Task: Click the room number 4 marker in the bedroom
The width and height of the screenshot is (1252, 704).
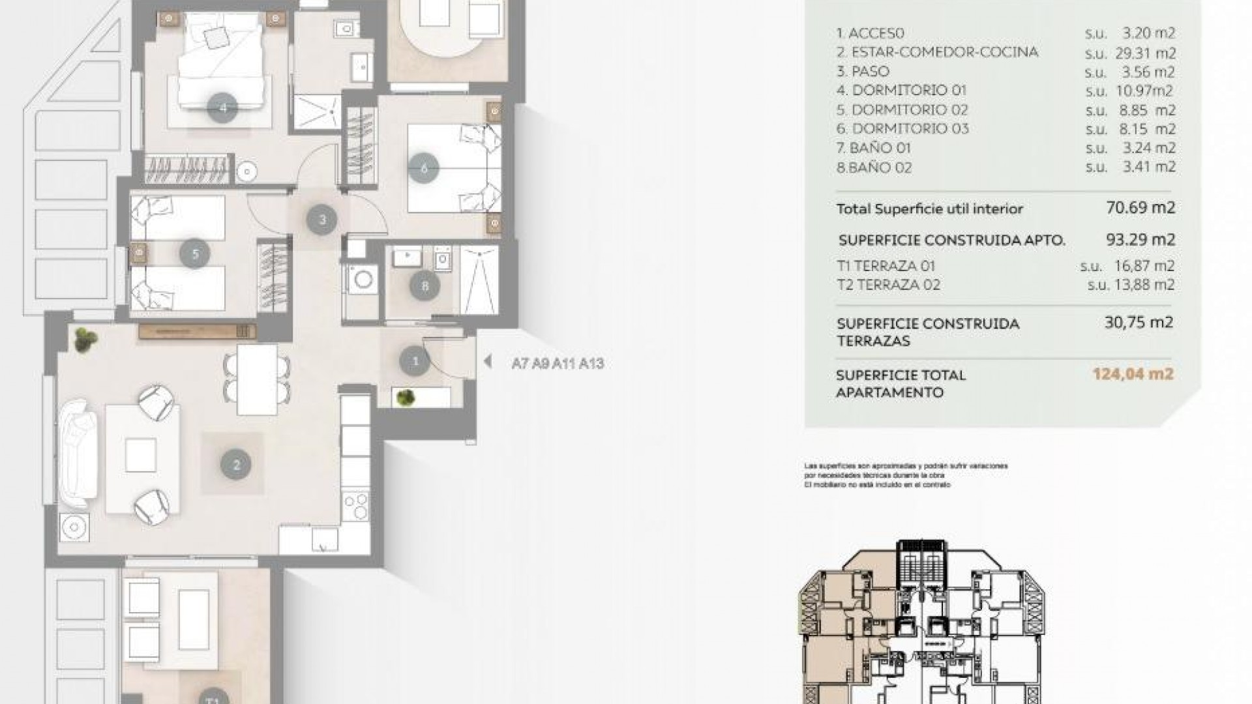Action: click(224, 108)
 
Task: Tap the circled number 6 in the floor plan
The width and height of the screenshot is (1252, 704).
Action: click(424, 169)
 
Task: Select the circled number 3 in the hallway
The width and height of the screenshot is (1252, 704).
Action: click(322, 220)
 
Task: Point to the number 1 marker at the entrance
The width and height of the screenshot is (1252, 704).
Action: click(415, 360)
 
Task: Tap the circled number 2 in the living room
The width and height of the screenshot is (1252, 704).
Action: click(236, 465)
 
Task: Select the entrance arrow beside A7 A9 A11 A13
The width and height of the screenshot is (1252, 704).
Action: click(487, 362)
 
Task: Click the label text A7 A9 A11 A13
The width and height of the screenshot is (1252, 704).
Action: click(558, 364)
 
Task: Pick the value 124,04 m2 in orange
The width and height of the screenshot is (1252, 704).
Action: click(1133, 374)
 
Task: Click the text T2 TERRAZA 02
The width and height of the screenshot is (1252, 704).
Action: click(888, 285)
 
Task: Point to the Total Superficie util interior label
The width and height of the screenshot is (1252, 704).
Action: click(929, 209)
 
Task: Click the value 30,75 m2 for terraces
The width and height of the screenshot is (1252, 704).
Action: click(1139, 322)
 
